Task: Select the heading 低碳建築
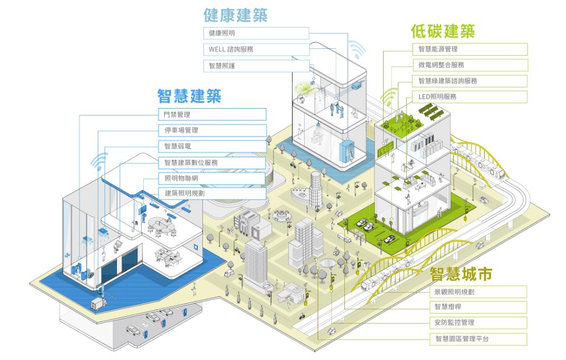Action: [x=443, y=31]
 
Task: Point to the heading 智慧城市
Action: [x=461, y=275]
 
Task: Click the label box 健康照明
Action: [x=256, y=34]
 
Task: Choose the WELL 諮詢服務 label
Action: [x=256, y=49]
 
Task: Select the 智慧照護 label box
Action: [x=256, y=66]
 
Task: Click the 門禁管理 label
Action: [x=211, y=114]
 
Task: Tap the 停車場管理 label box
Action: [x=211, y=130]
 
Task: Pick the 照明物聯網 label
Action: [x=211, y=178]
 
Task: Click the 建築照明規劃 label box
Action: [x=211, y=193]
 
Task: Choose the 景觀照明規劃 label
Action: [x=477, y=292]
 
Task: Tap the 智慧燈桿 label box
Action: [x=477, y=307]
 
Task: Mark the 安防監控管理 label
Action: [x=477, y=322]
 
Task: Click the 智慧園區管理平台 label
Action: [x=477, y=339]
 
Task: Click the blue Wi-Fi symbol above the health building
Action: [x=357, y=51]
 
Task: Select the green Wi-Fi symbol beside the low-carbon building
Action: [x=389, y=98]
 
